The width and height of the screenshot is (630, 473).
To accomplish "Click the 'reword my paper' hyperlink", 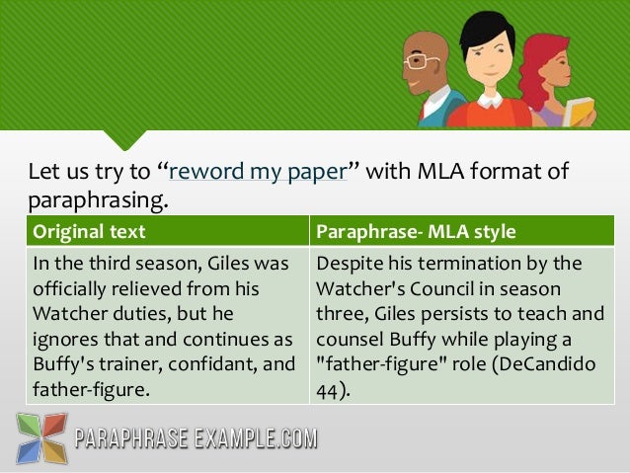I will [x=258, y=172].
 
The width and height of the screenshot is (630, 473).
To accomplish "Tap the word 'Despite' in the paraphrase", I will [x=348, y=264].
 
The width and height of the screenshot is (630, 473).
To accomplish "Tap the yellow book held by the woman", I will [x=579, y=110].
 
